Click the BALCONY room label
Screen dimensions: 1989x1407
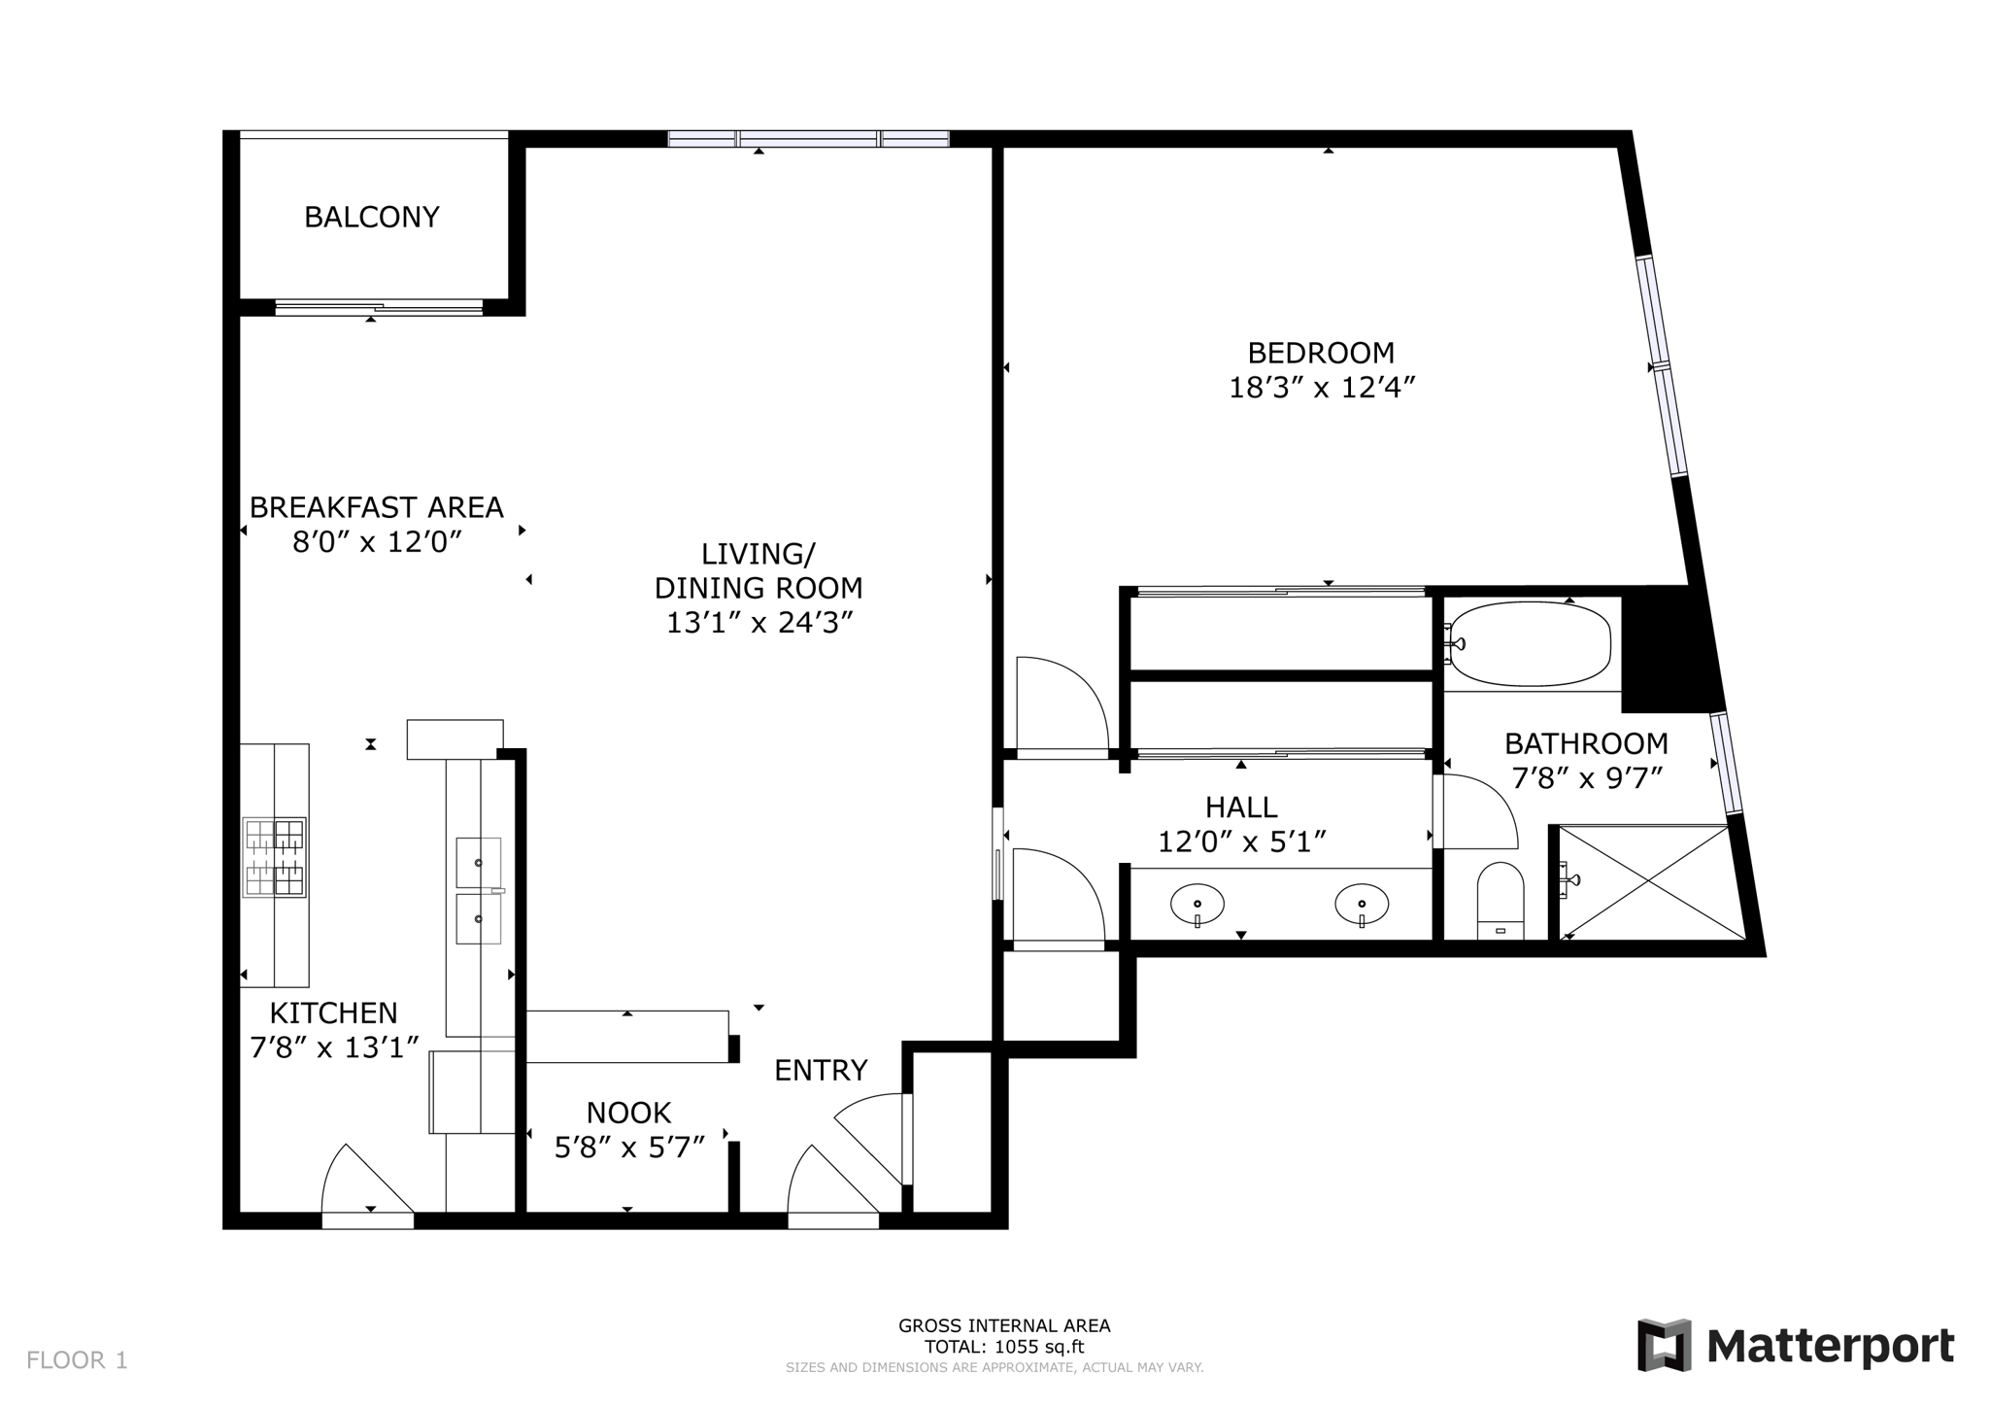pos(372,217)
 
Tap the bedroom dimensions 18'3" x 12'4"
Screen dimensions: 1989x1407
pos(1322,388)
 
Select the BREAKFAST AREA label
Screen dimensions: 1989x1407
pos(377,507)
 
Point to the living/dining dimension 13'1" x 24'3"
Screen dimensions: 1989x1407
pos(759,622)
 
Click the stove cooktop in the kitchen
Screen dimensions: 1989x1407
pos(275,857)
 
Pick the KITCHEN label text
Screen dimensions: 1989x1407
pos(333,1013)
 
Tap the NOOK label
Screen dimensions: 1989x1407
pos(628,1113)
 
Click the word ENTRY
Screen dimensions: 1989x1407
pos(821,1070)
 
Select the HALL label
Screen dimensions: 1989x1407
pos(1241,806)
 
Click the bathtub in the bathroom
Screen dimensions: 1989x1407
pos(1529,644)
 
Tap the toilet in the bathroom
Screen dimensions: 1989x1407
pos(1500,901)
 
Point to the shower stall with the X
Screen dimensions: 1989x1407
pos(1649,882)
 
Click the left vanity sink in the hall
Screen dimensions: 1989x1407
pos(1197,904)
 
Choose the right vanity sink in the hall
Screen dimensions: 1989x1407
pos(1362,904)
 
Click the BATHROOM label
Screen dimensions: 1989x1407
pos(1586,743)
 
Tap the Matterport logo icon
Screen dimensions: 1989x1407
pos(1664,1345)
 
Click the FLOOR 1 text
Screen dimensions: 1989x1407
pos(77,1360)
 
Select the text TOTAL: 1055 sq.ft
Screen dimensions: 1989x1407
pos(1004,1347)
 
